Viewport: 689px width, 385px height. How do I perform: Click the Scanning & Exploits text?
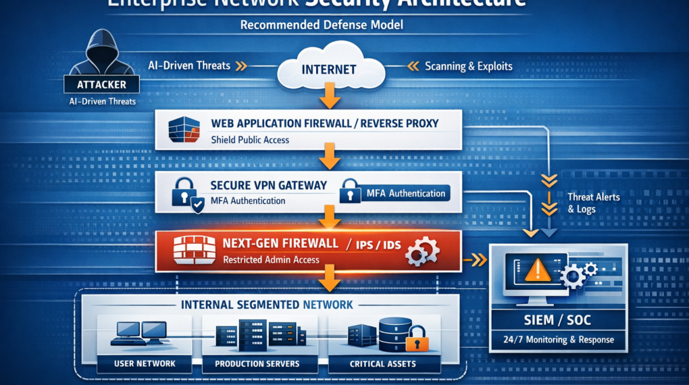tap(468, 66)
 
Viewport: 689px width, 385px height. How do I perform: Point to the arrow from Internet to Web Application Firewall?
tap(329, 97)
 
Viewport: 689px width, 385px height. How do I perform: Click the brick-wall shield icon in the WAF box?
tap(184, 130)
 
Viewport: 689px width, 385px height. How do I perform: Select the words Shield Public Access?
tap(250, 140)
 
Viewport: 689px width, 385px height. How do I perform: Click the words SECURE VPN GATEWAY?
tap(269, 185)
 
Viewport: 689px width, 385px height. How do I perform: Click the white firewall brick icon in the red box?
tap(194, 251)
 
